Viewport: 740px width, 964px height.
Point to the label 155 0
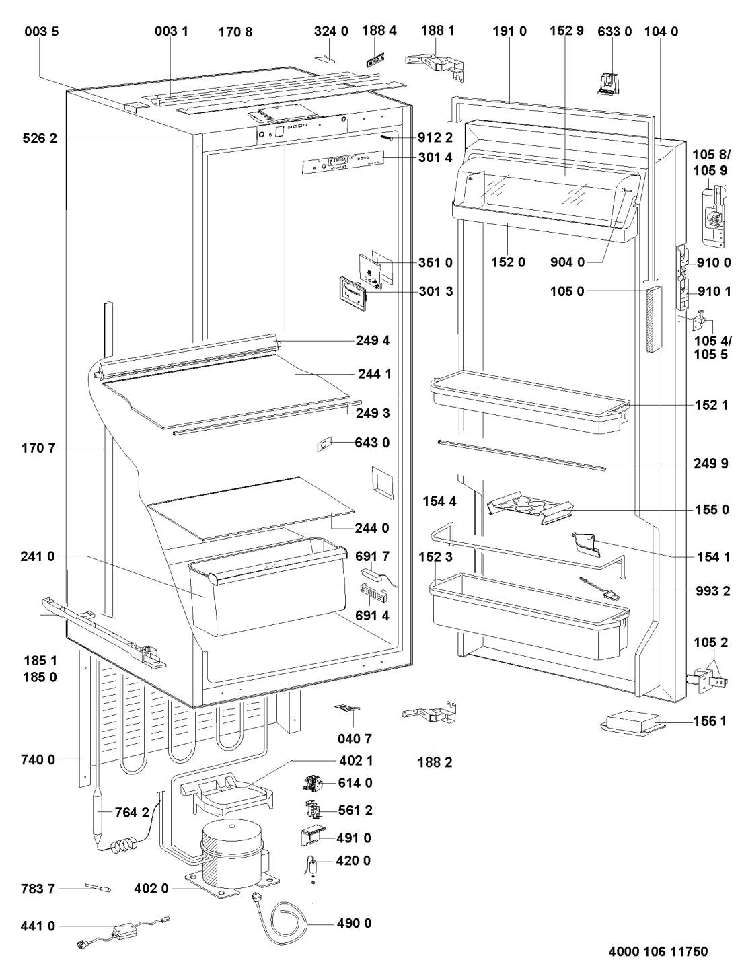712,510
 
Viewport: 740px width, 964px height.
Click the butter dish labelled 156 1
631,725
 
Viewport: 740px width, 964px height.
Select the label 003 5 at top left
42,31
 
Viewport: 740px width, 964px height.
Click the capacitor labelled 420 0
313,864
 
